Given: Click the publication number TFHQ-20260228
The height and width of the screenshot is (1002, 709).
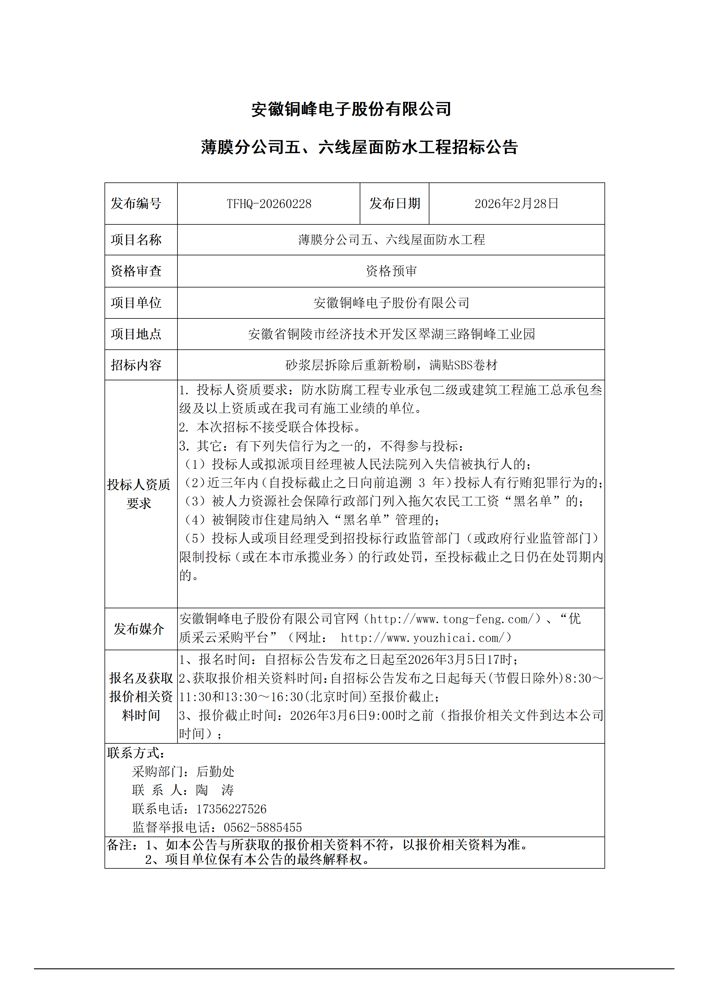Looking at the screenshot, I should click(x=269, y=204).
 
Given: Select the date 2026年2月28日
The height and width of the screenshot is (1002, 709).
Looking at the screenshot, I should click(x=516, y=204).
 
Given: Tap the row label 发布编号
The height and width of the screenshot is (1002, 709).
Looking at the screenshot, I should click(x=136, y=204).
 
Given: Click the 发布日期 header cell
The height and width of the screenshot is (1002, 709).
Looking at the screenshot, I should click(x=395, y=204).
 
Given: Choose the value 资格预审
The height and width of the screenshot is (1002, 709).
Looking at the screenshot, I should click(x=391, y=271).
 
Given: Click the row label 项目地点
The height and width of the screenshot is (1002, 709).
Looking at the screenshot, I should click(x=136, y=334).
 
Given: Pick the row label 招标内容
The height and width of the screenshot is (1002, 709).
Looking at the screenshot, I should click(x=136, y=365).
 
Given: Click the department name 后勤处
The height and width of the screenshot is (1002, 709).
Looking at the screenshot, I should click(x=215, y=772).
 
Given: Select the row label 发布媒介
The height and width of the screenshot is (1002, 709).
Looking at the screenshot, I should click(x=139, y=629).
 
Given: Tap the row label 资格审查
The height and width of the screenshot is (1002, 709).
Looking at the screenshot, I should click(x=136, y=271).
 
